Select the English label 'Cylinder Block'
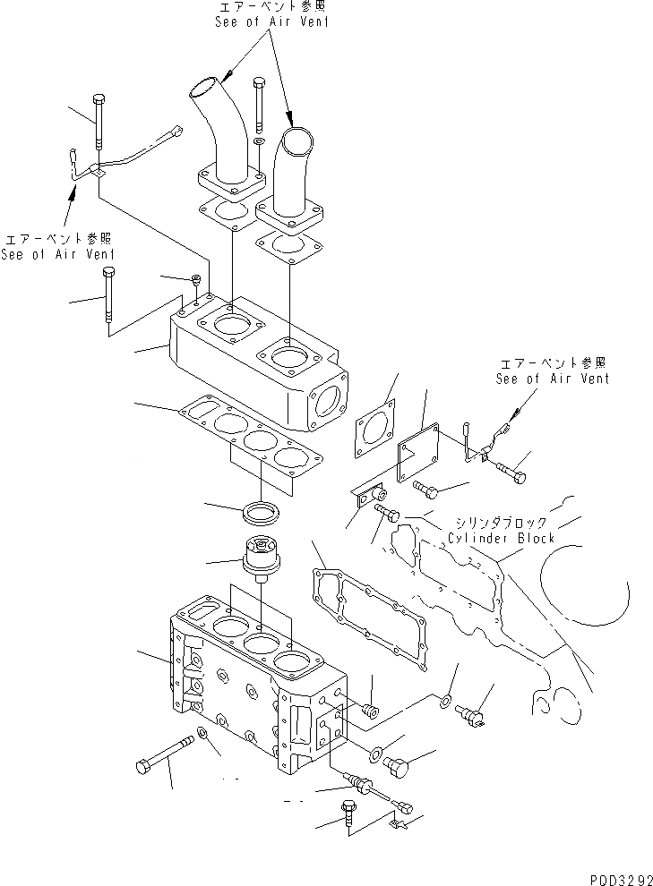pos(502,538)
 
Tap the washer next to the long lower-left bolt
pos(204,735)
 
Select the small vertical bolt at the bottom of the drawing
pos(348,816)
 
